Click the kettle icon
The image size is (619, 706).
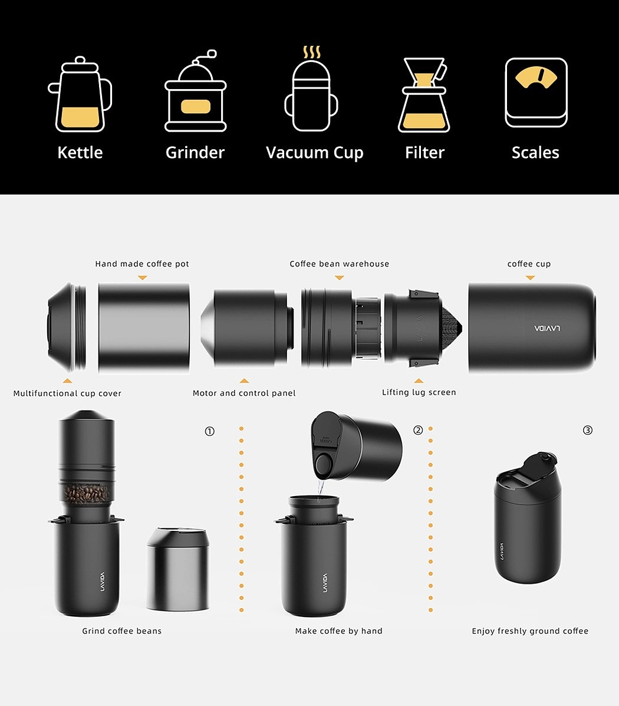(80, 94)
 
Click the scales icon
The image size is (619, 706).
(536, 93)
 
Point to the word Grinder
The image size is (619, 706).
(195, 153)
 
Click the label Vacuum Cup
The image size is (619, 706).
(314, 153)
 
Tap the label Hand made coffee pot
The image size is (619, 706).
(142, 264)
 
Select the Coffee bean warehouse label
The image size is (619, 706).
(340, 264)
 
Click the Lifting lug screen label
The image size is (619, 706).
(419, 393)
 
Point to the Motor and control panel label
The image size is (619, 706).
(244, 393)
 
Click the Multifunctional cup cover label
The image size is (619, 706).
(68, 393)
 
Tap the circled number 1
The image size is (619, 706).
(210, 431)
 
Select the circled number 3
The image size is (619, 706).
(588, 431)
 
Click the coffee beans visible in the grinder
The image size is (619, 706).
(86, 494)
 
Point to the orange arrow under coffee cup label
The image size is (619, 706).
(531, 278)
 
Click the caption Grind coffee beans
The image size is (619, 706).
(121, 631)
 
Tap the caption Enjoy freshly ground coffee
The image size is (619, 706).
(530, 631)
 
